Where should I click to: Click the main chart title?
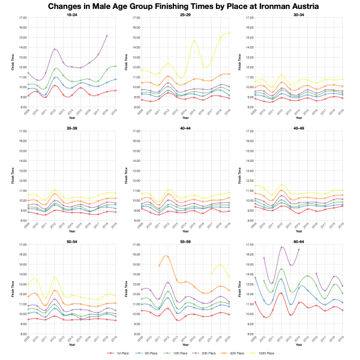(180, 6)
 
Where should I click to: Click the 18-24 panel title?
(71, 14)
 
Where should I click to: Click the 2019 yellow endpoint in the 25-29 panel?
(229, 33)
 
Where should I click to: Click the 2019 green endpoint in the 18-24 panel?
(115, 66)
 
